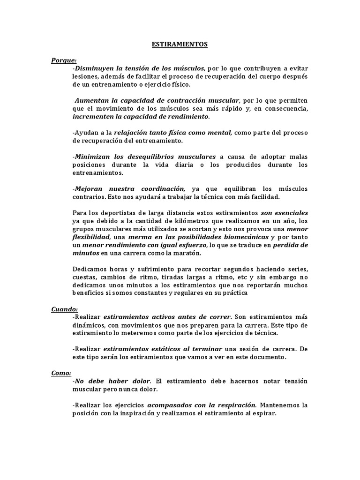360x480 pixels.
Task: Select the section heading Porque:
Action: tap(64, 60)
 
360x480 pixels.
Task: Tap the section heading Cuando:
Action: tap(65, 309)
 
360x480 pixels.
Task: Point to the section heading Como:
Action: tap(61, 373)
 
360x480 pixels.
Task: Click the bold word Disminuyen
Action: tap(96, 68)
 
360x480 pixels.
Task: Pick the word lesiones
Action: tap(85, 76)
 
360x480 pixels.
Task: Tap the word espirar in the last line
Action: tap(264, 413)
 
